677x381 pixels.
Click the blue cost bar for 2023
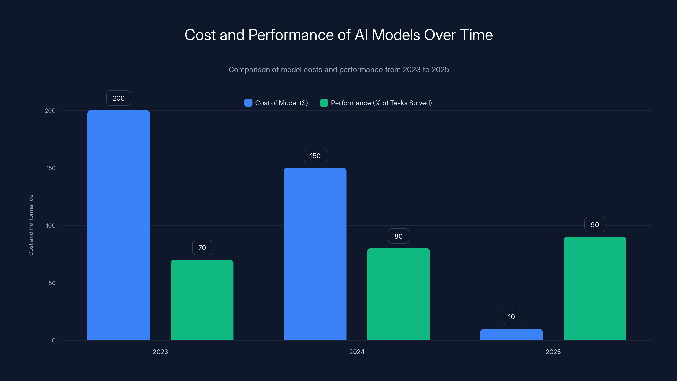coord(118,225)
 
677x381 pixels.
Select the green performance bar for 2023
coord(202,300)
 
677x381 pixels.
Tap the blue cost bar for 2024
coord(315,254)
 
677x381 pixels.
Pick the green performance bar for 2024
coord(398,294)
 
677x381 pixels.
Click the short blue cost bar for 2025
coord(511,334)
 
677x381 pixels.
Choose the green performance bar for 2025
coord(595,289)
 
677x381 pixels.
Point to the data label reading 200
coord(118,98)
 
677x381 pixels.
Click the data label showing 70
coord(202,247)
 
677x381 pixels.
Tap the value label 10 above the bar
coord(511,317)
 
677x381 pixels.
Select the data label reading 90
coord(594,225)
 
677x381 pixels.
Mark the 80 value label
coord(398,236)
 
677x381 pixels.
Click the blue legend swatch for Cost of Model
coord(248,103)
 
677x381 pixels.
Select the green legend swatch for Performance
coord(324,103)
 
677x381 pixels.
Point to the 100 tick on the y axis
coord(51,225)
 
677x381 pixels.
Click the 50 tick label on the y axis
coord(52,283)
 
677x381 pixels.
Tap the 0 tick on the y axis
coord(54,341)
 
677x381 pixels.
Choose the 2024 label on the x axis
coord(357,352)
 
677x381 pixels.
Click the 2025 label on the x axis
coord(553,352)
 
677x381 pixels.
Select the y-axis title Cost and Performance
coord(31,225)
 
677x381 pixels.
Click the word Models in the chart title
coord(396,35)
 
